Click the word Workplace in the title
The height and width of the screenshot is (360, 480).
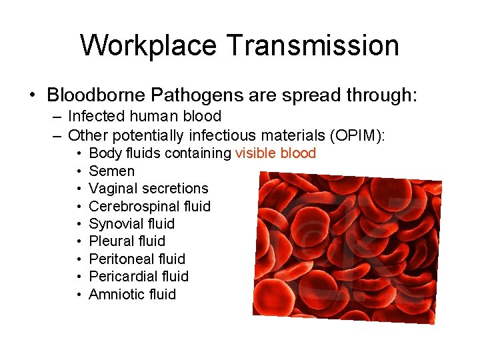pos(148,46)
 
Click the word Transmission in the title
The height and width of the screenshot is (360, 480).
pos(312,46)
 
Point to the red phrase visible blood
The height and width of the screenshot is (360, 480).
pos(275,153)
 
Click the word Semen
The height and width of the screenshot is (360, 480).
pos(111,171)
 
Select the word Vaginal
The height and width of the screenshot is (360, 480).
pos(113,189)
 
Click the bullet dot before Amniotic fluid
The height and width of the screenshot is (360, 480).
pos(79,295)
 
